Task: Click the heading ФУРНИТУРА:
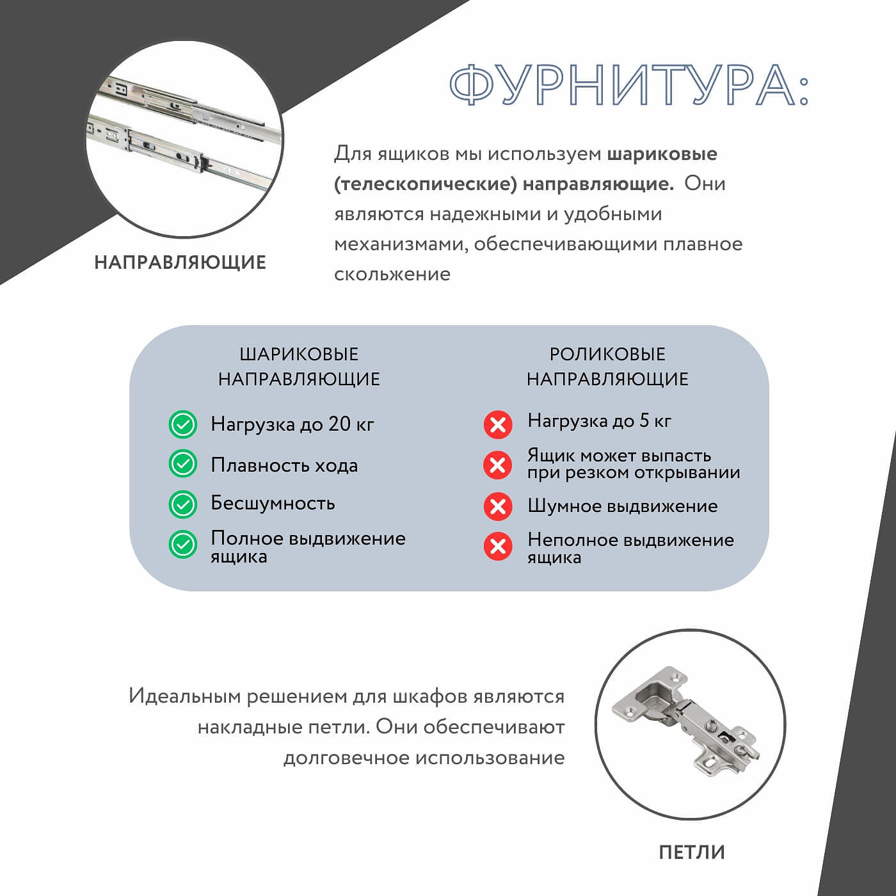629,85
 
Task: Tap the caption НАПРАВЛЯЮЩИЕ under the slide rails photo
180,262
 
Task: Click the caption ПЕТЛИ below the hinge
692,852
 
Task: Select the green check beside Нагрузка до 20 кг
182,424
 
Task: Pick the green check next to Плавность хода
182,464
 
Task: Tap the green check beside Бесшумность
182,504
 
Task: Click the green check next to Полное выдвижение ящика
182,545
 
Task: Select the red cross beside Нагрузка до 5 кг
497,425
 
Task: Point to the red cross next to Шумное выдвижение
497,506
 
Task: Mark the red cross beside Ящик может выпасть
497,465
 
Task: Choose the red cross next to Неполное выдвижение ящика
497,547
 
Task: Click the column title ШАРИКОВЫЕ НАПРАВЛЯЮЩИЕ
299,367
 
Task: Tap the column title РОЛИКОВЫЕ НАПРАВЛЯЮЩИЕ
607,367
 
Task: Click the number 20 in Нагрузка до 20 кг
339,424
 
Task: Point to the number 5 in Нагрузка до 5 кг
644,420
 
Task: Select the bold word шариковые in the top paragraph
662,154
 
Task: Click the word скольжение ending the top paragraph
392,275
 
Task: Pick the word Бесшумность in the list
273,503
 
